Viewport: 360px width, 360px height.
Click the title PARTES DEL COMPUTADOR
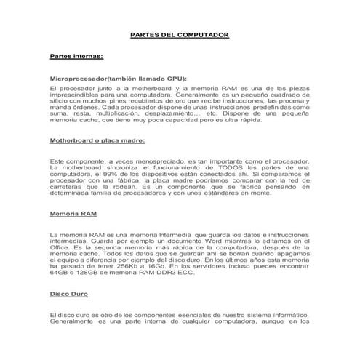coord(179,34)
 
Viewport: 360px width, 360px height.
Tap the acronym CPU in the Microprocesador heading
coord(172,79)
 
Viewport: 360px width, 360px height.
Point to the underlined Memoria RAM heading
coord(73,215)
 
